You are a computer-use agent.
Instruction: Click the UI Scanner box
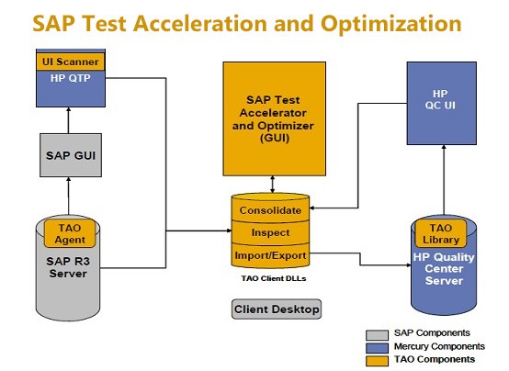pos(71,62)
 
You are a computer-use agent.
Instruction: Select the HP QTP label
pos(71,78)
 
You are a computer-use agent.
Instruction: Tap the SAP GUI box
pos(71,155)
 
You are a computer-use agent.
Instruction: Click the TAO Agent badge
pos(70,233)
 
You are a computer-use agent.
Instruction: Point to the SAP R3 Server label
pos(68,267)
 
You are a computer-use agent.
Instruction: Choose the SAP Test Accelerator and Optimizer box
pos(275,118)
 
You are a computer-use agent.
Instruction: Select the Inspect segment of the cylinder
pos(270,232)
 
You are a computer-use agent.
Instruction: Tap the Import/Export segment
pos(270,256)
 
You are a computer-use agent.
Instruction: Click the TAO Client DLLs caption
pos(274,278)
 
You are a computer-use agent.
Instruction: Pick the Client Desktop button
pos(277,309)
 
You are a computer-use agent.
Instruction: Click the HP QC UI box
pos(442,103)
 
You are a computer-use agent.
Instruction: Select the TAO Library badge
pos(441,233)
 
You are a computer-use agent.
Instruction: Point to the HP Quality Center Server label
pos(444,269)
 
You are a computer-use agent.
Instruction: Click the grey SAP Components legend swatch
pos(377,334)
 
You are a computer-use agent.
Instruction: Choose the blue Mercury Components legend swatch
pos(377,348)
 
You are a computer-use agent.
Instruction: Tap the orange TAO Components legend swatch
pos(377,361)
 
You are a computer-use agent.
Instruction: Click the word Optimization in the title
pos(390,24)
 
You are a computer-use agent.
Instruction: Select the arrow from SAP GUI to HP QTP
pos(69,120)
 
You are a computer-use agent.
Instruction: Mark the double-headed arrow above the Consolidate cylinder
pos(272,185)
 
